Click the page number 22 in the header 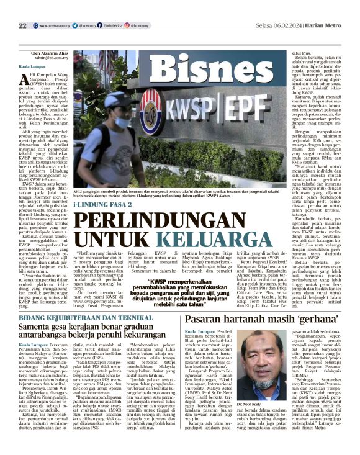(x=22, y=25)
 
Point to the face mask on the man (x=120, y=120)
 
